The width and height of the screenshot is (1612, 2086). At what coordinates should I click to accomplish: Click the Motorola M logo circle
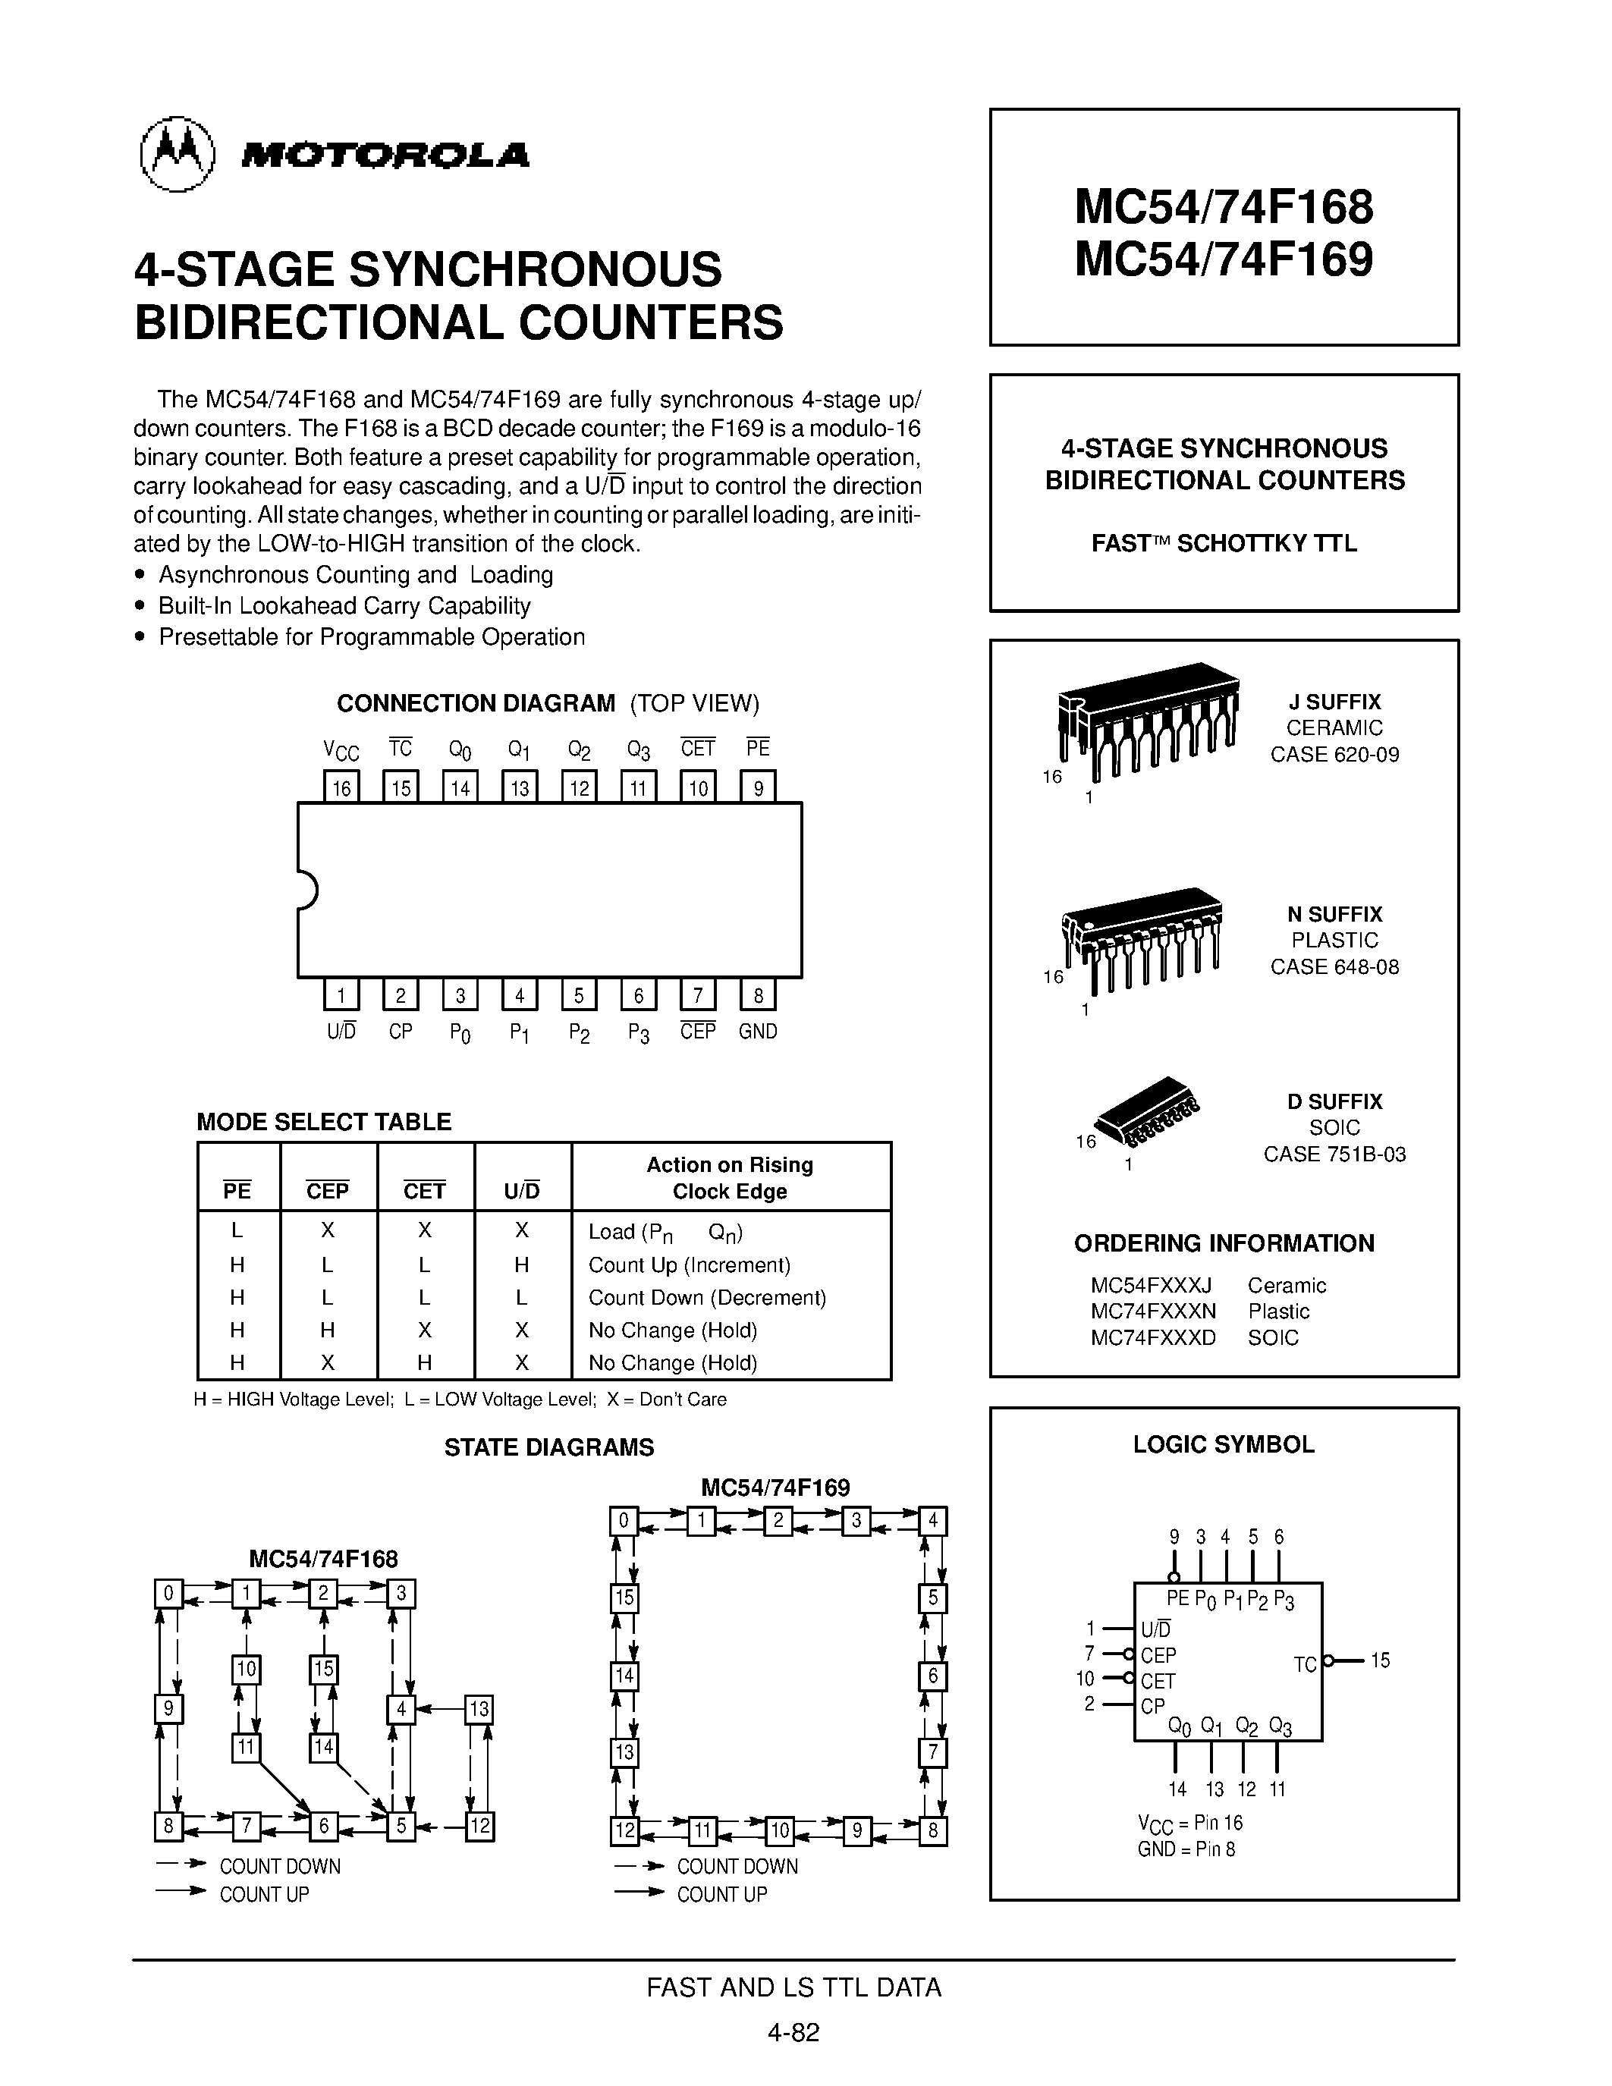(x=177, y=155)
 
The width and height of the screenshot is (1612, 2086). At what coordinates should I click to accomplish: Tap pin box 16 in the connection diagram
(x=341, y=787)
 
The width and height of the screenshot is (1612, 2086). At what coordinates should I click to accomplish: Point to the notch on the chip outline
(x=306, y=891)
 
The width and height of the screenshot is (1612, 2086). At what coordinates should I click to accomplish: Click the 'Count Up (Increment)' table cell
(x=690, y=1264)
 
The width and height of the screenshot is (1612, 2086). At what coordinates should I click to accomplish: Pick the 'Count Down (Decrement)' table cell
(x=707, y=1297)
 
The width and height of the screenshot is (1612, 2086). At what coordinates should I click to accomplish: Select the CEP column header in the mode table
(x=328, y=1190)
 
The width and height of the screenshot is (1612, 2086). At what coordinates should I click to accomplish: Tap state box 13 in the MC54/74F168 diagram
(x=479, y=1709)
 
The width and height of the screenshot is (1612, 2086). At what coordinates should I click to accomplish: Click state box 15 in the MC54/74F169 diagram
(x=624, y=1598)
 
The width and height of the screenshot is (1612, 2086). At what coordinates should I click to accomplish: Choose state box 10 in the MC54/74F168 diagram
(x=247, y=1669)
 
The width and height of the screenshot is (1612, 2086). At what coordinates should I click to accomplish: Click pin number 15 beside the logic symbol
(x=1380, y=1660)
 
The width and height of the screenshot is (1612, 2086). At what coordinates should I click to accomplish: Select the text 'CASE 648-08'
(x=1334, y=966)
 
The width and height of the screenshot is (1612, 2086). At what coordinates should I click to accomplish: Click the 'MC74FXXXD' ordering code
(x=1152, y=1337)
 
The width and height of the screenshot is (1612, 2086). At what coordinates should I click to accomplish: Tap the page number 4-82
(x=793, y=2032)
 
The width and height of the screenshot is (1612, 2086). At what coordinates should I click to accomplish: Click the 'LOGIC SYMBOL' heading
(x=1224, y=1444)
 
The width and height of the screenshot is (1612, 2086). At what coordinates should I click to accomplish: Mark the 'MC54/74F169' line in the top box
(x=1224, y=259)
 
